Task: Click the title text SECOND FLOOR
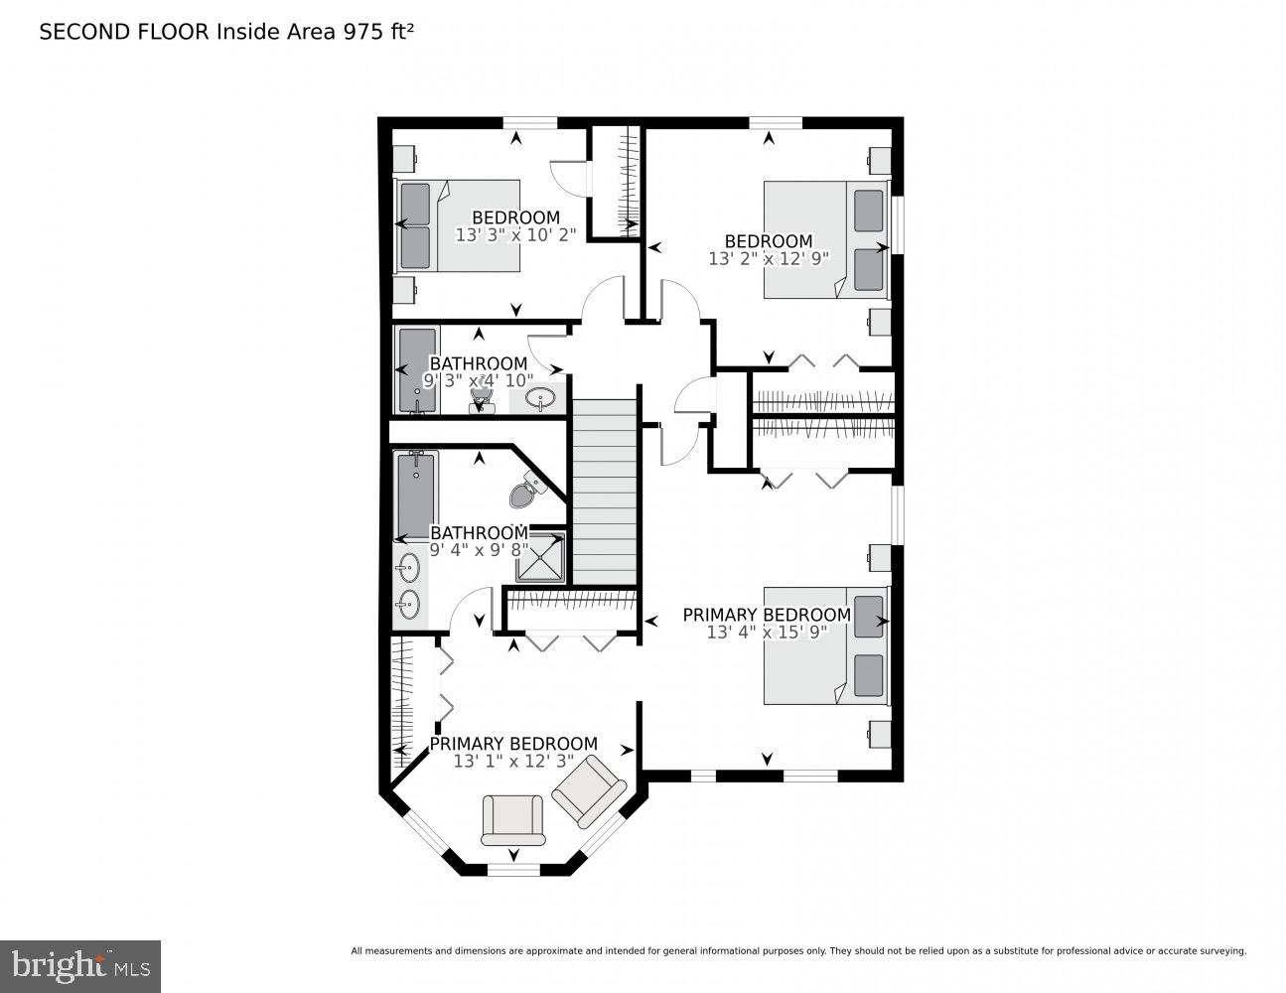(124, 32)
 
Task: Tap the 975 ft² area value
(377, 32)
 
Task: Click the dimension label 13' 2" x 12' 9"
(768, 258)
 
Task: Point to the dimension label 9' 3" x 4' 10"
(479, 380)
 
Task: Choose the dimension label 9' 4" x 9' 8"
(479, 550)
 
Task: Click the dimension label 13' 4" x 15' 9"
(767, 632)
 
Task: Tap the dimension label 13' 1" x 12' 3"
(513, 761)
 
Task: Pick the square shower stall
(540, 557)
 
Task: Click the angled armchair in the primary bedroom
(589, 790)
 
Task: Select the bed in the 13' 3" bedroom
(459, 225)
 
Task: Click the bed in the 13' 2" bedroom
(825, 239)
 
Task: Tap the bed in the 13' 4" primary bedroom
(825, 645)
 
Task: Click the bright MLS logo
(79, 964)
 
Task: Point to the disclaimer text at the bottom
(797, 951)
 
